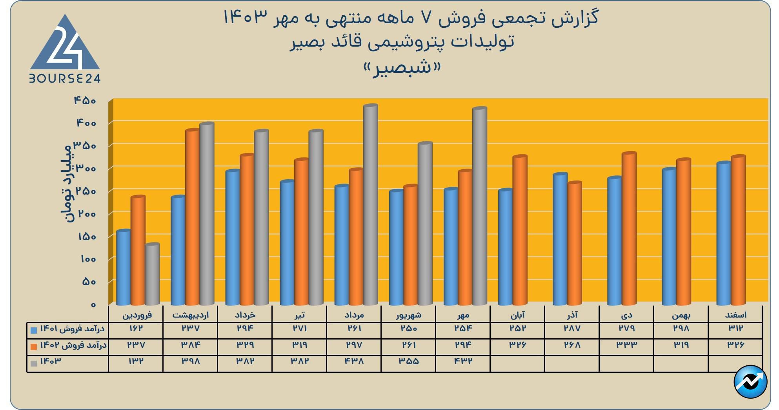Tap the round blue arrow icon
(750, 381)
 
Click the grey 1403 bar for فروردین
(152, 274)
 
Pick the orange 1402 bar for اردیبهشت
(193, 217)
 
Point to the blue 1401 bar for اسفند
(723, 233)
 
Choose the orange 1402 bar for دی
(629, 229)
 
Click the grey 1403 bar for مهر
(479, 206)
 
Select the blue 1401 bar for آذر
(560, 239)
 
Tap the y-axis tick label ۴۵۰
(85, 101)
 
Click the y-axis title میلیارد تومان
(66, 182)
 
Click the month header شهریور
(408, 315)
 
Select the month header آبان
(517, 315)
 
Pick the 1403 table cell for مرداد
(354, 361)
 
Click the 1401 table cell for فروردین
(136, 329)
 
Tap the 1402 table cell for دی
(626, 345)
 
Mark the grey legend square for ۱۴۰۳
(34, 363)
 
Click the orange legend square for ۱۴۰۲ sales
(34, 347)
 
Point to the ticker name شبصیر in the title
(402, 68)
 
